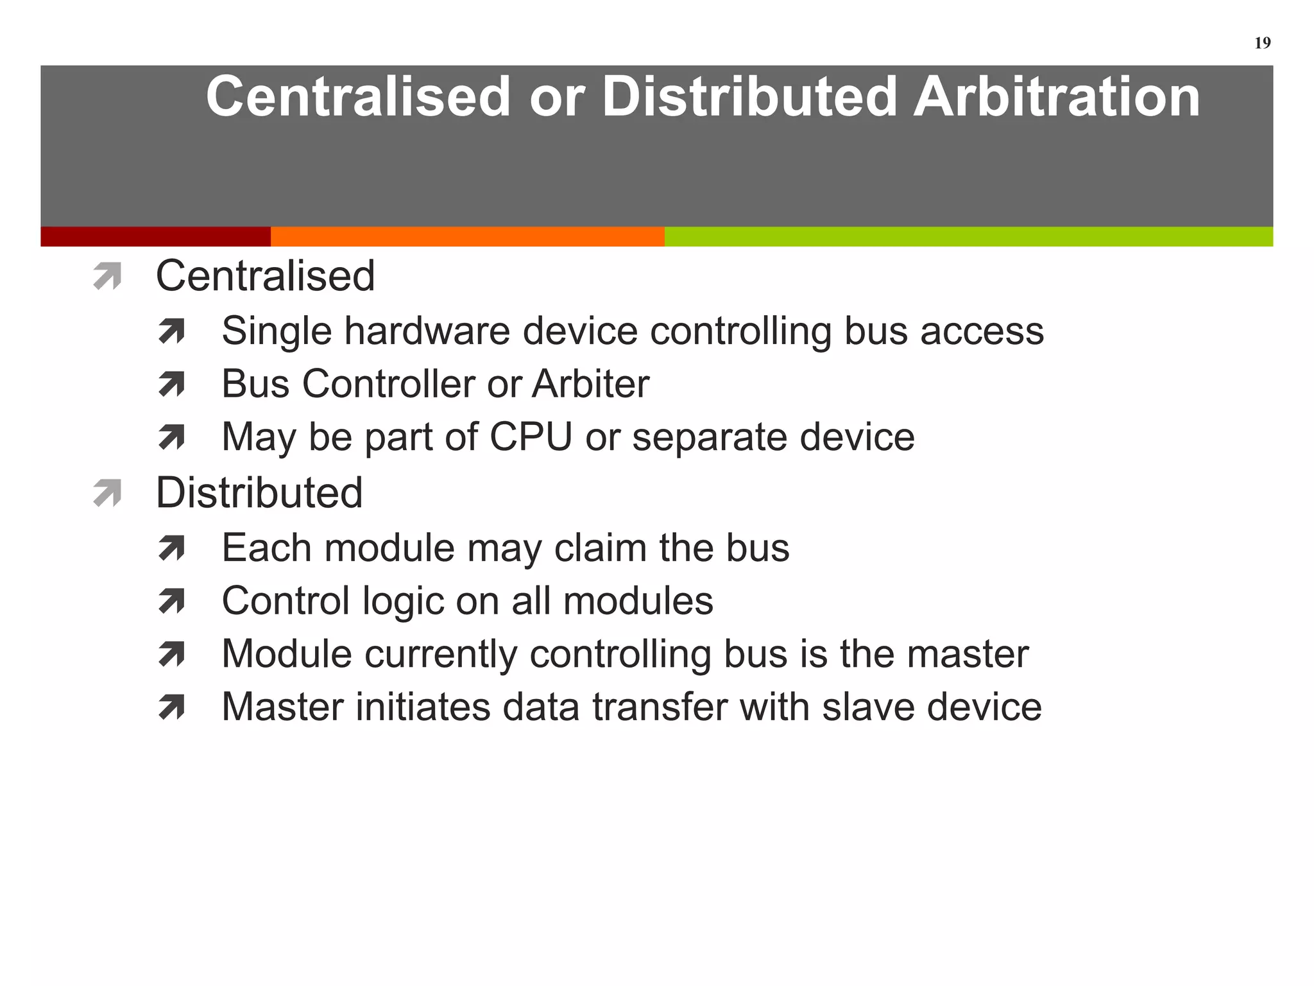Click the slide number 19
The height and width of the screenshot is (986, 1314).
[x=1262, y=43]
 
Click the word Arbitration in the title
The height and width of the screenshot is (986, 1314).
[x=1056, y=96]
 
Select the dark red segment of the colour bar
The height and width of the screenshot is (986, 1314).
[x=155, y=236]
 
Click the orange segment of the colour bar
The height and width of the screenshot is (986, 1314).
[x=467, y=236]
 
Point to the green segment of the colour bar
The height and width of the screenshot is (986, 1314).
[x=969, y=236]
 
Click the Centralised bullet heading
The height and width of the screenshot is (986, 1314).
[x=265, y=276]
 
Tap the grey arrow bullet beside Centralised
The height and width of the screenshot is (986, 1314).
[x=107, y=277]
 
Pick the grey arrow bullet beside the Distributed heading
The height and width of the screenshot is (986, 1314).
[x=107, y=493]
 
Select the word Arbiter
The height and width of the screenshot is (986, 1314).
[x=590, y=384]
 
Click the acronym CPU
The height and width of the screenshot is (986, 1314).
[x=530, y=437]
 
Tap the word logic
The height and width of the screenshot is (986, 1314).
[x=403, y=602]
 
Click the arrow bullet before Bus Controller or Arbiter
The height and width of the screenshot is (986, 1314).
[x=171, y=385]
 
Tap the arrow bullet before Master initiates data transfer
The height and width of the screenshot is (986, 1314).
[x=171, y=707]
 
